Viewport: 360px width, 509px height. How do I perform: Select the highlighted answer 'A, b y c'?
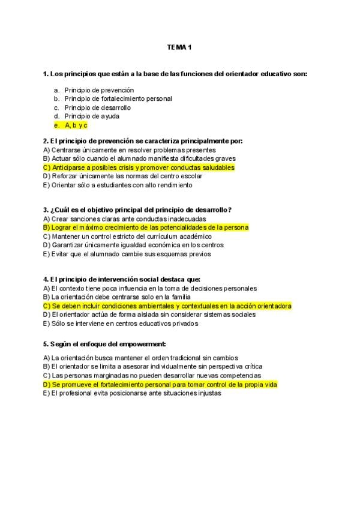(76, 125)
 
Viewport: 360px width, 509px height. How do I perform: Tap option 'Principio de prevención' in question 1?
(99, 90)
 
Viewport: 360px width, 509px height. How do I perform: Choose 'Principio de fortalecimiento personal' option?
(118, 98)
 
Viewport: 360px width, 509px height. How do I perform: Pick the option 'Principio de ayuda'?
(92, 116)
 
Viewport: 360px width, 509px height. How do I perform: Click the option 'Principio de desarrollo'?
(97, 107)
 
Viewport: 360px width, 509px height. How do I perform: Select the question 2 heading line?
(143, 141)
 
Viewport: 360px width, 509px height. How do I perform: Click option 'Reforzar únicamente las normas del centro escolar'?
(123, 176)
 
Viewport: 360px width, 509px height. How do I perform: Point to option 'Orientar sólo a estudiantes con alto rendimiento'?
(118, 185)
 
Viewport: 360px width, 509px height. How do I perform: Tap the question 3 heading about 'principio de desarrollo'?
(137, 210)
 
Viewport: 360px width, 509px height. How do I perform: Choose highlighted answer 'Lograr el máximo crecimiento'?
(146, 227)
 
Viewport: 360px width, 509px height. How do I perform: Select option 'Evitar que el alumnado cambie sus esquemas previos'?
(127, 254)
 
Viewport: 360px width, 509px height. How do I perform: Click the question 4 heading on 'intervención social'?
(122, 280)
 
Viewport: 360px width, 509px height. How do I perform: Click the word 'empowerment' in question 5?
(143, 345)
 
